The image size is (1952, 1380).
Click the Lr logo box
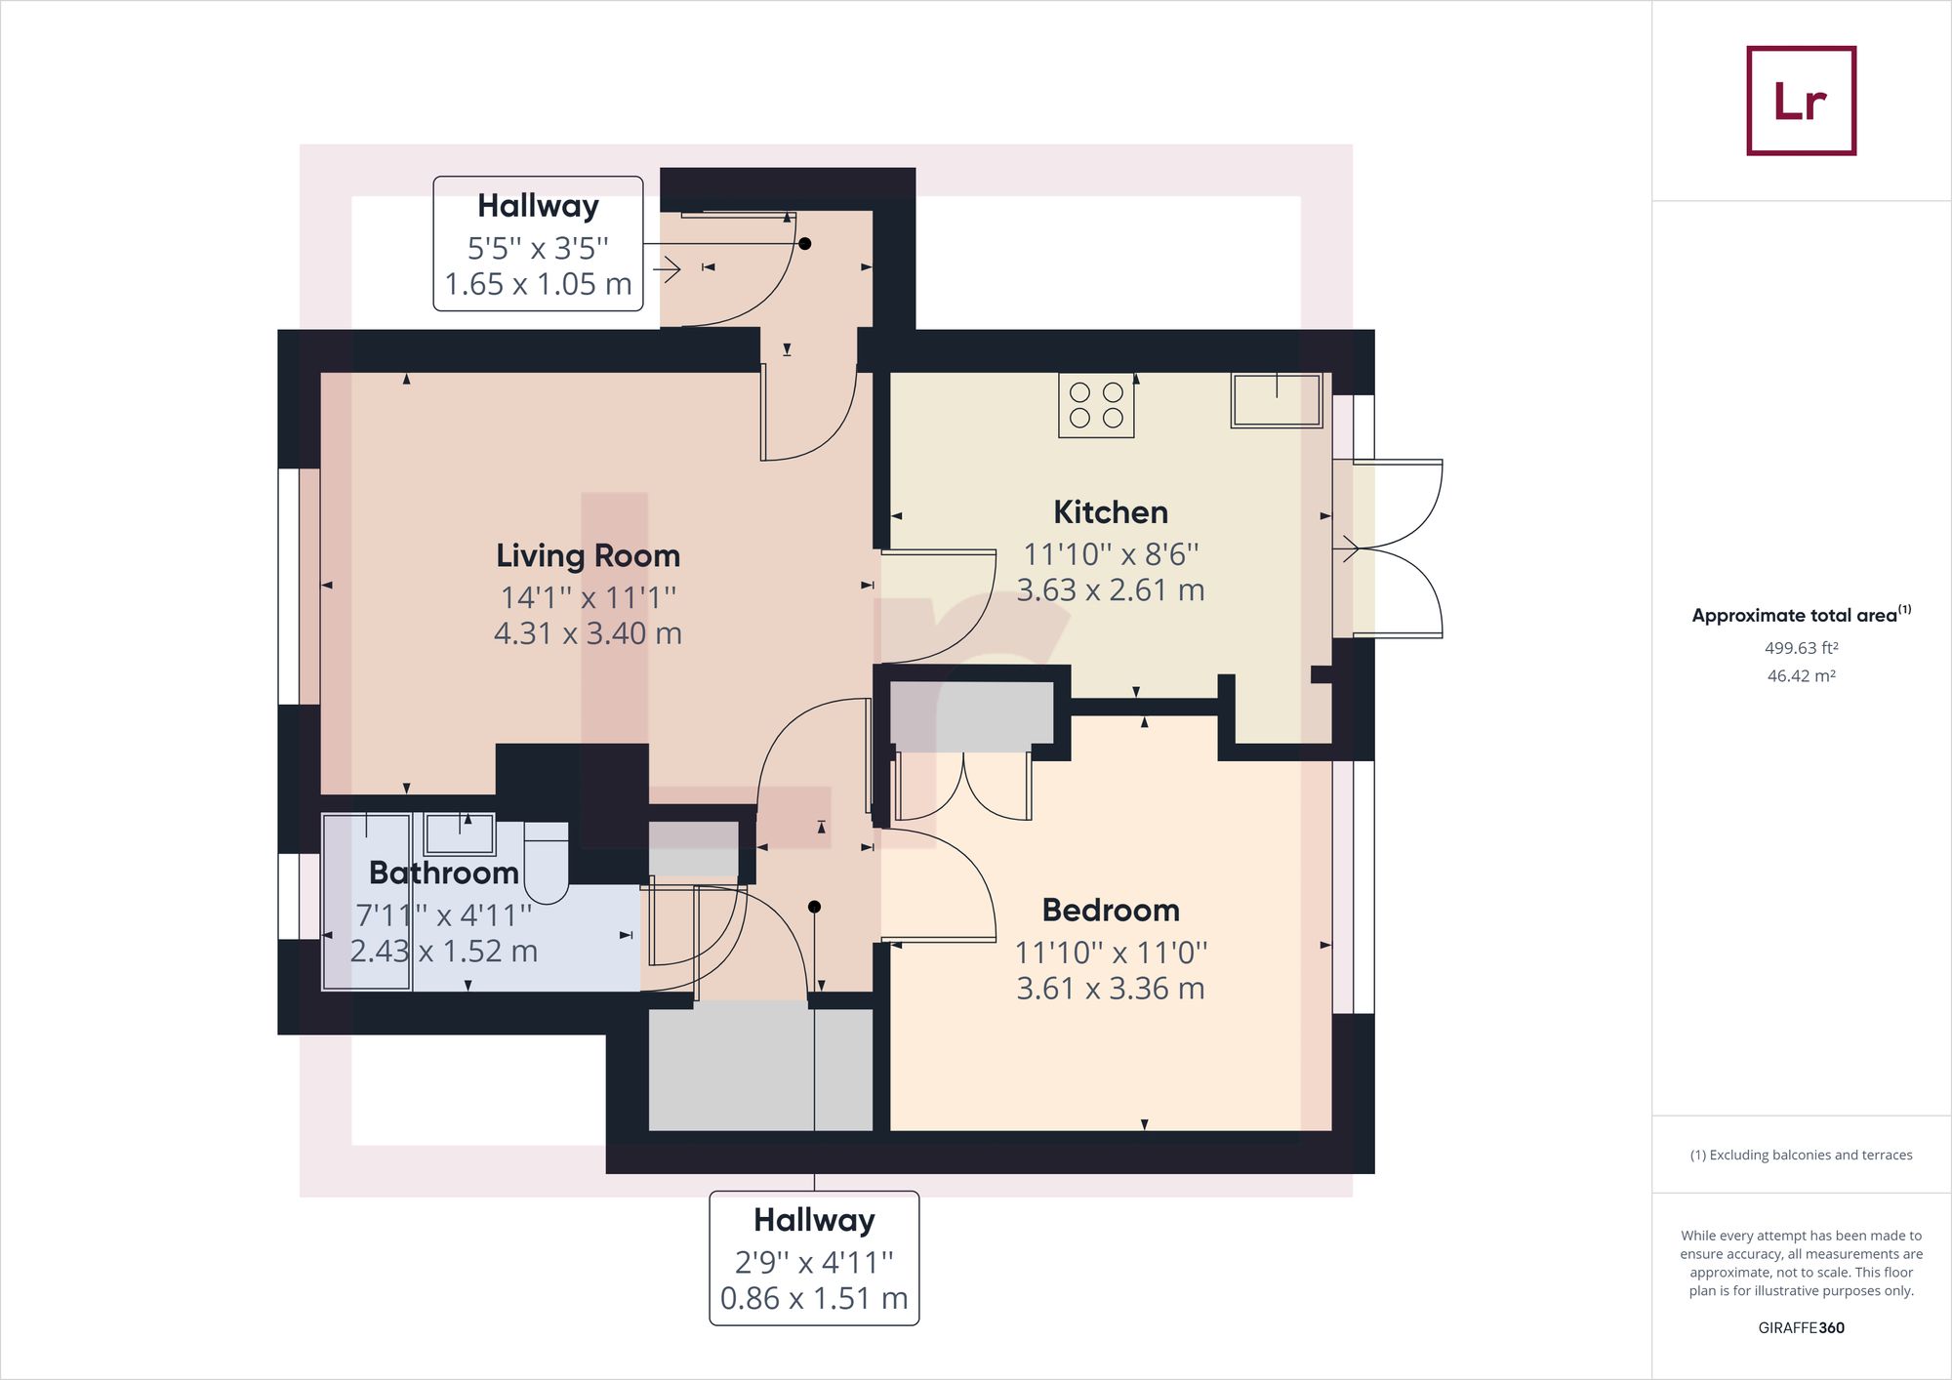(1801, 101)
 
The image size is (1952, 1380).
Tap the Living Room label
(588, 555)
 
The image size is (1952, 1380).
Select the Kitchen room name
(1111, 511)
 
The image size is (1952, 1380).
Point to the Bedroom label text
(1111, 910)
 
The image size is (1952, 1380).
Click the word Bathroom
(444, 873)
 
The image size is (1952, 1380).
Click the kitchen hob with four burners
(1096, 404)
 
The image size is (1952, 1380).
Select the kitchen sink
(1277, 400)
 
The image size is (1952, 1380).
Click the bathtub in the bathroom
(367, 902)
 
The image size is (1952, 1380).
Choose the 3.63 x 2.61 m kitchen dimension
(1111, 590)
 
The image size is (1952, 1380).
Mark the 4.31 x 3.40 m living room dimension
(588, 633)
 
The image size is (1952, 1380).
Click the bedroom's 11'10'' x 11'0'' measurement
(1111, 952)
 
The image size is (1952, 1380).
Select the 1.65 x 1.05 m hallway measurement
(538, 284)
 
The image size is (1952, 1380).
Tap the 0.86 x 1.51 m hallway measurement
(814, 1298)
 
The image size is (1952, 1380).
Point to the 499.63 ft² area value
(1801, 648)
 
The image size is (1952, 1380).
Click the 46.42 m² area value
(1801, 675)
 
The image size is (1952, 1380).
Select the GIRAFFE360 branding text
(1801, 1327)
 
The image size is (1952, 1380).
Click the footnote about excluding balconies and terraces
(1801, 1155)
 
